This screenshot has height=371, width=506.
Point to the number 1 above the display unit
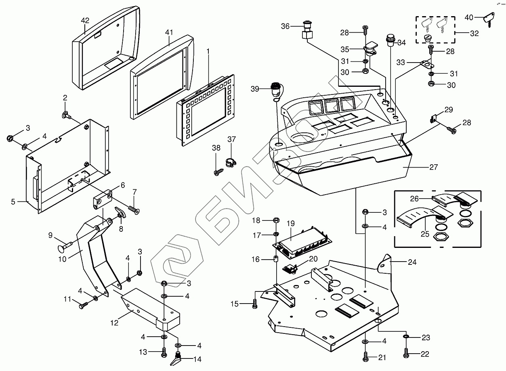pos(208,51)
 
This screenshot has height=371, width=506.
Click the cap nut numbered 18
pos(277,220)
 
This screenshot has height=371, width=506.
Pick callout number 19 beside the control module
pos(291,223)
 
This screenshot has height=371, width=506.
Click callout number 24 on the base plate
pos(412,261)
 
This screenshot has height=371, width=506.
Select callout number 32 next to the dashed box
pos(474,34)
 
